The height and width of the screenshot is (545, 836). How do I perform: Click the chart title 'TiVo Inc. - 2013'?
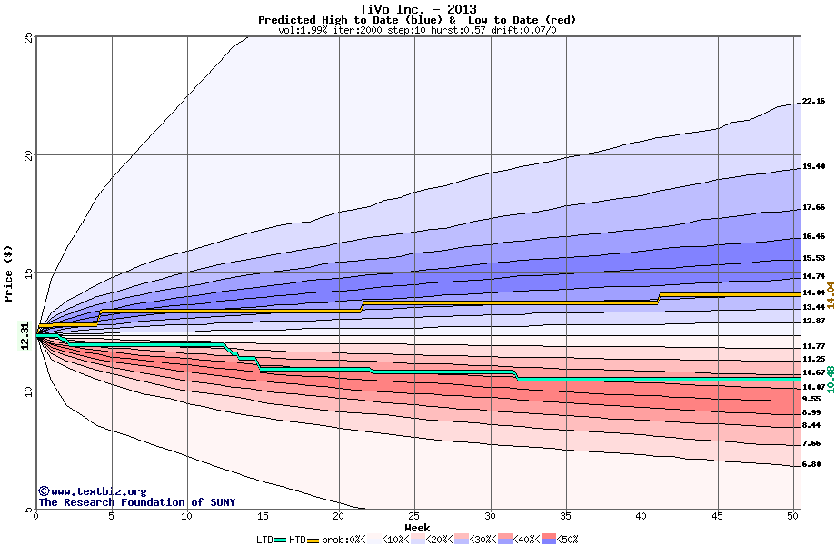point(417,8)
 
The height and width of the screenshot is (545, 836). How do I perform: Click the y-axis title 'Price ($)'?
point(8,272)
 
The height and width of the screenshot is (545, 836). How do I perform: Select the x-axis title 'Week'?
point(417,528)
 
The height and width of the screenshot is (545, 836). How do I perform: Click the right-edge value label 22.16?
point(813,101)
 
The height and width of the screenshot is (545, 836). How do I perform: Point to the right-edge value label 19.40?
point(813,167)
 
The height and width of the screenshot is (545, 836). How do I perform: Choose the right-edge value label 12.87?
point(813,321)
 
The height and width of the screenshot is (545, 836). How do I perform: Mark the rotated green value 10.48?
point(830,374)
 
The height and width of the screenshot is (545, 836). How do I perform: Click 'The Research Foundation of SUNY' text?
point(134,502)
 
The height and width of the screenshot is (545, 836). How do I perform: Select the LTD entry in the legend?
point(266,540)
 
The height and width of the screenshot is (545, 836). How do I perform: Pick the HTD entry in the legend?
point(297,540)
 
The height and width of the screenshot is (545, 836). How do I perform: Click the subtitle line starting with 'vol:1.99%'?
point(417,30)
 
